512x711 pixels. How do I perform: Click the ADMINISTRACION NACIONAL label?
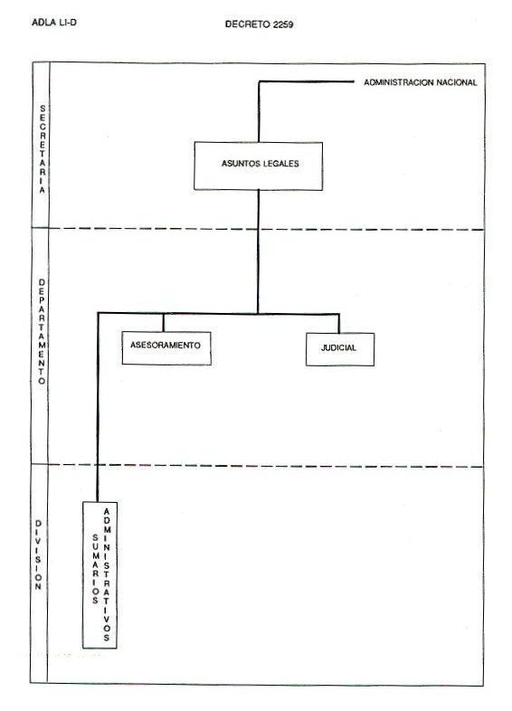[x=421, y=82]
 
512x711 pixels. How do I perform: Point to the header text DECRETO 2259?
[x=259, y=24]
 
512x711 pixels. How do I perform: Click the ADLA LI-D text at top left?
[x=54, y=23]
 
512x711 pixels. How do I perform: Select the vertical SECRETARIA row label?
[x=43, y=149]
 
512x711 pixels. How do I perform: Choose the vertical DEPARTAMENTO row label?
[x=42, y=332]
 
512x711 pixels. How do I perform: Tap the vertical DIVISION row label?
[x=38, y=555]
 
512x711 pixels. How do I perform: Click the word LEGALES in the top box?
[x=280, y=164]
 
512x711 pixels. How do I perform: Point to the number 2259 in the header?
[x=283, y=24]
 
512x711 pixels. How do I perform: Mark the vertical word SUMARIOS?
[x=95, y=569]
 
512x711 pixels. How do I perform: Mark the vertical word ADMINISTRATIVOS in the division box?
[x=107, y=575]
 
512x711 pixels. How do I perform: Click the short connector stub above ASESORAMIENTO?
[x=163, y=322]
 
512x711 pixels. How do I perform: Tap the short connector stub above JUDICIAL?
[x=338, y=323]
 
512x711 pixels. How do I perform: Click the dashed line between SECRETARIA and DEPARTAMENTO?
[x=266, y=229]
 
